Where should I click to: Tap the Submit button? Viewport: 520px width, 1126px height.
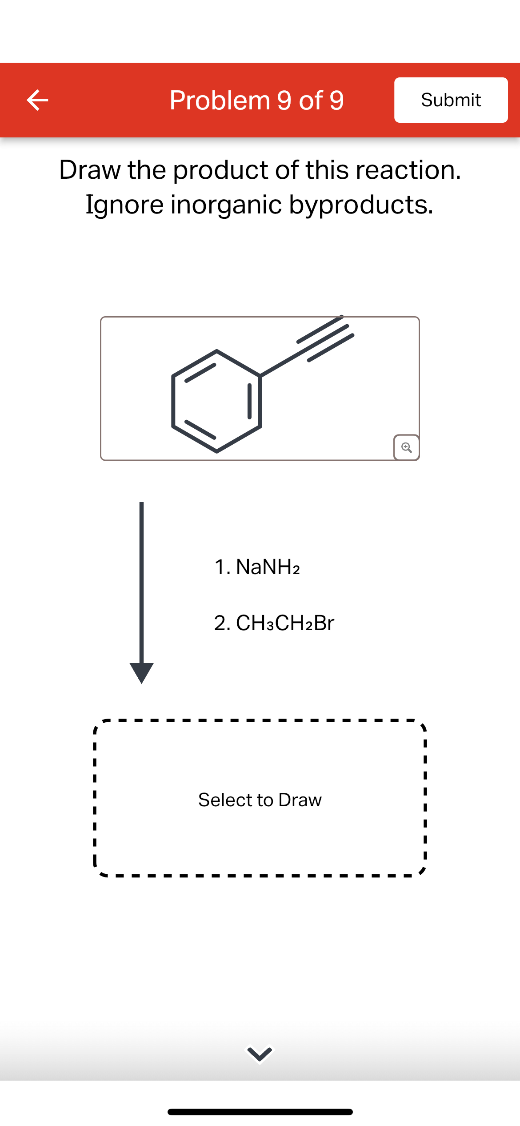tap(451, 100)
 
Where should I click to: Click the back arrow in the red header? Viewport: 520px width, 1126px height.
tap(37, 100)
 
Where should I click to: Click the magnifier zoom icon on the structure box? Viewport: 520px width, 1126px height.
tap(406, 447)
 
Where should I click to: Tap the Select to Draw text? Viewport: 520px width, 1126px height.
tap(260, 800)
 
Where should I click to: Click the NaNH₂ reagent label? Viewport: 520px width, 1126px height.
tap(268, 567)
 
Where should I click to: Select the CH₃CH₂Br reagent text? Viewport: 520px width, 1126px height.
tap(285, 623)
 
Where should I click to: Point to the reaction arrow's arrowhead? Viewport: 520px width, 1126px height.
tap(141, 672)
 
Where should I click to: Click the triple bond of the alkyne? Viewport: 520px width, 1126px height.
tap(325, 338)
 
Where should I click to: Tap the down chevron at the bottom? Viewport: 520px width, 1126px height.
tap(260, 1054)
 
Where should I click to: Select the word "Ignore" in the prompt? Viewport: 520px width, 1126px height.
tap(124, 205)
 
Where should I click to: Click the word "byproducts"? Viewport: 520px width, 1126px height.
tap(361, 205)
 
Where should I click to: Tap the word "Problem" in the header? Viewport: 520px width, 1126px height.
tap(220, 100)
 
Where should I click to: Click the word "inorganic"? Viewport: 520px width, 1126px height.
tap(226, 205)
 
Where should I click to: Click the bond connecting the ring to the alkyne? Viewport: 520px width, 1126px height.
tap(279, 365)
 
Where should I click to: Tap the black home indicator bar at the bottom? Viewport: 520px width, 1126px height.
tap(260, 1112)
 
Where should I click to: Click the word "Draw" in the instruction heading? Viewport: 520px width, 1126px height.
tap(90, 170)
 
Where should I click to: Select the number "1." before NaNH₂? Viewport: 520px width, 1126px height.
tap(222, 567)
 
